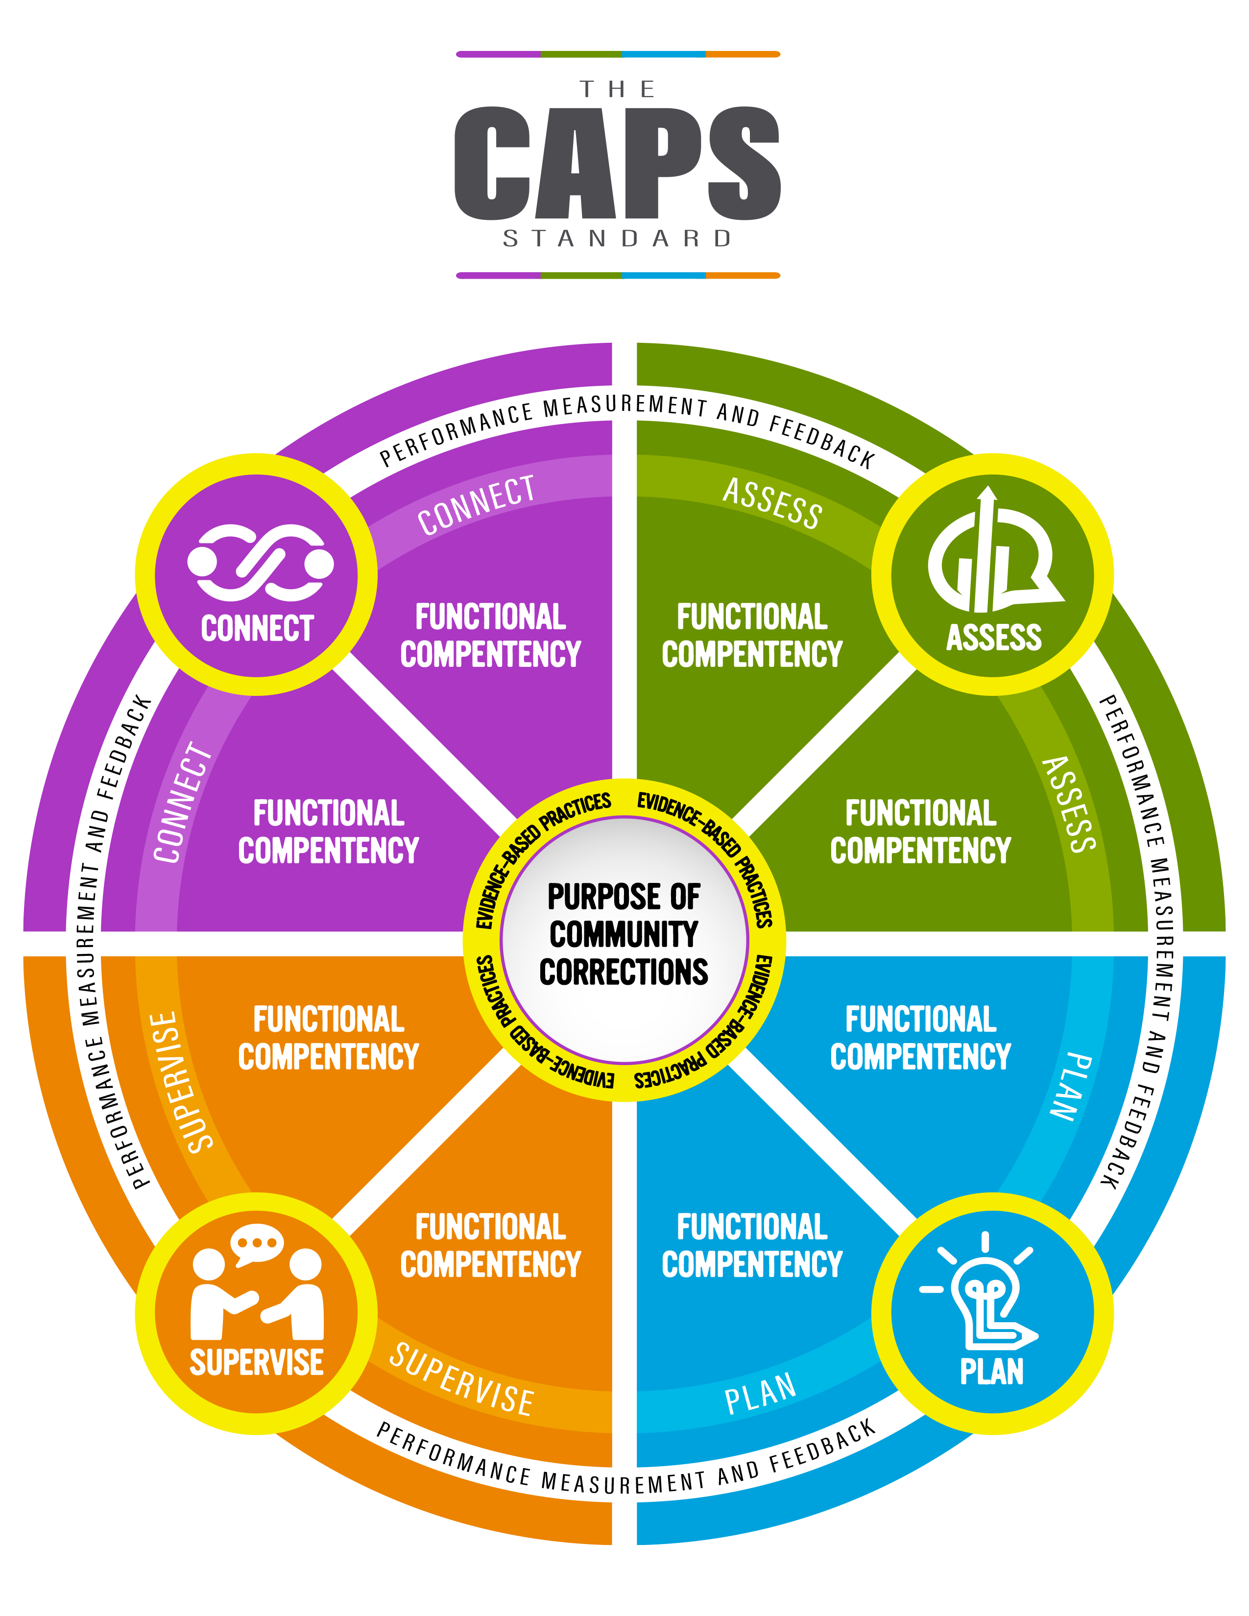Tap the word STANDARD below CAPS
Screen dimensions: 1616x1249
617,239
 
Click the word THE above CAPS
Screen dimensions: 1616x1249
617,90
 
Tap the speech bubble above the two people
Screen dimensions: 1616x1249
257,1244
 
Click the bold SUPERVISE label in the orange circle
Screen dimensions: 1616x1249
256,1362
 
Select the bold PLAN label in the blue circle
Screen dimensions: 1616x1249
991,1371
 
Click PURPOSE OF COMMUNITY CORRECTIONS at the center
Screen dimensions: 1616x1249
624,934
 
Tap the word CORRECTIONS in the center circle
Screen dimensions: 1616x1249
624,972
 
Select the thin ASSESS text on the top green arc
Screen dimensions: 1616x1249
772,503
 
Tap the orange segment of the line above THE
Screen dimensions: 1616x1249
742,54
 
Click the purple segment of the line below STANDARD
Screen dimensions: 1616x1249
498,275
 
